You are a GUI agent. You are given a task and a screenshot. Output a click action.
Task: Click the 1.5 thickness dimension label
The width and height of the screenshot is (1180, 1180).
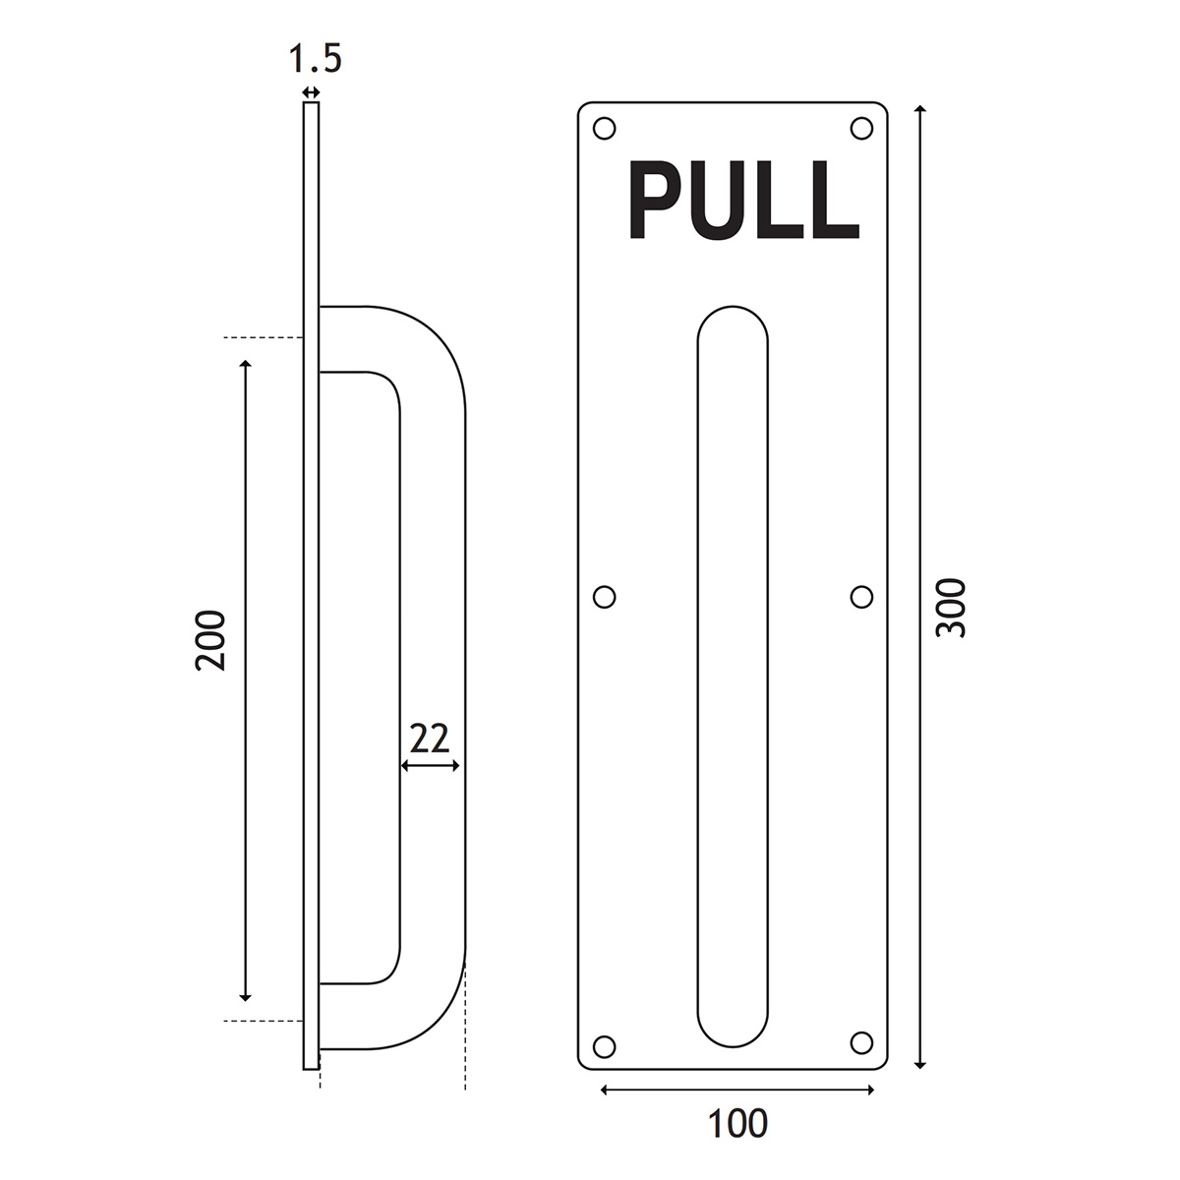click(x=315, y=59)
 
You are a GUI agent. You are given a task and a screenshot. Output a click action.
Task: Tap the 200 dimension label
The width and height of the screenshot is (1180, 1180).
click(x=211, y=640)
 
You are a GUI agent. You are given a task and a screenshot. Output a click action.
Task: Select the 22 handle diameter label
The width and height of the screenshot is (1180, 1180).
click(x=430, y=738)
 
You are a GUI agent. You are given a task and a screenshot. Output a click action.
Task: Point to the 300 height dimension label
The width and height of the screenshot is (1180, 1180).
click(x=951, y=608)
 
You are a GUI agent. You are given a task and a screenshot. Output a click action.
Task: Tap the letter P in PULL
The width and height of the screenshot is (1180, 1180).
click(x=653, y=199)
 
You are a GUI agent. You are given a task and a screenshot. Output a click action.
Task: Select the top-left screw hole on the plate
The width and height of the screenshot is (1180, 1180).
click(x=605, y=129)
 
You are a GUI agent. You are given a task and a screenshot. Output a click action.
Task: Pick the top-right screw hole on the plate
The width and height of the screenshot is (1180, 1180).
click(x=861, y=129)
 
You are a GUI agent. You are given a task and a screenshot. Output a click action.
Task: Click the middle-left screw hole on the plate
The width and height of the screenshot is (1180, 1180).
click(x=605, y=597)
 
